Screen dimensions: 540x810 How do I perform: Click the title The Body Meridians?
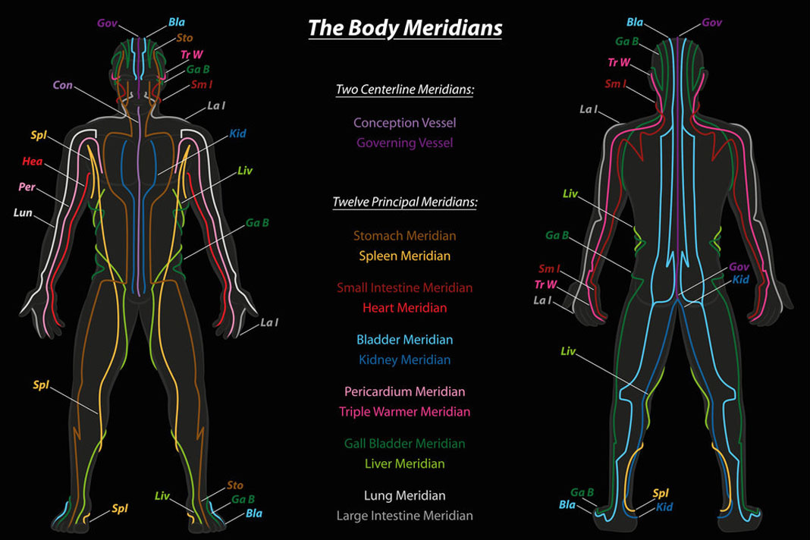404,28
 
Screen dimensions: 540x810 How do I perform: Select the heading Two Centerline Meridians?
404,89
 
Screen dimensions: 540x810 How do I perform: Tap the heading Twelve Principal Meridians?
404,202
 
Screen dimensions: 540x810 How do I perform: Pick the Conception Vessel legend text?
404,122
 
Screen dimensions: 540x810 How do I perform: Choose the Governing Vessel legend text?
404,143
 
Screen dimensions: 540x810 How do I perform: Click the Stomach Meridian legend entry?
404,236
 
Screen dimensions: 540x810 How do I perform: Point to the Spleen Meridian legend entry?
404,256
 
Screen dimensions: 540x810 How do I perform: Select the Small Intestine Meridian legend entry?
404,287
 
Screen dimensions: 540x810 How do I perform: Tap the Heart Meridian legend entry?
404,308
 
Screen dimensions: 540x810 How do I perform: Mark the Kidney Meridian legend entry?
404,359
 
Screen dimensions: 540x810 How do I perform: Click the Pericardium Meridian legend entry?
404,391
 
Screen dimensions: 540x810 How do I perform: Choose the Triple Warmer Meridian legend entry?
404,412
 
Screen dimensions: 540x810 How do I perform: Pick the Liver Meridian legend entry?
404,463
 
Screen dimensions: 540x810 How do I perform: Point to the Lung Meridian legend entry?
404,495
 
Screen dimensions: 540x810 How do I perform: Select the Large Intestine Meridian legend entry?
404,516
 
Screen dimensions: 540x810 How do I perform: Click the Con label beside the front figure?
63,86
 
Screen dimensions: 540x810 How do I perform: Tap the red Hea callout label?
33,161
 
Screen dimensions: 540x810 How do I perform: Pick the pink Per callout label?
27,187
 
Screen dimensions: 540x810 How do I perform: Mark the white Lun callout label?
23,213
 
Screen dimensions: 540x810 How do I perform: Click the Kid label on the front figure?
237,133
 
